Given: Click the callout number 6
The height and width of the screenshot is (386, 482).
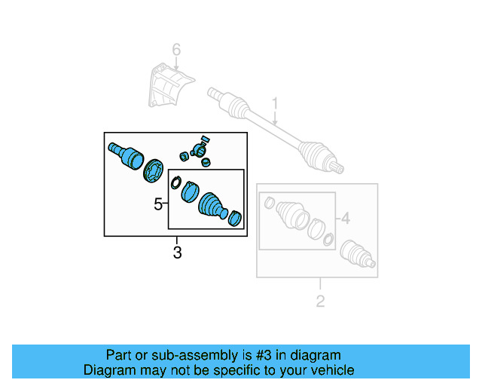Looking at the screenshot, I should (176, 51).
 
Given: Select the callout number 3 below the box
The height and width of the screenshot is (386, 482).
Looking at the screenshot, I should (177, 253).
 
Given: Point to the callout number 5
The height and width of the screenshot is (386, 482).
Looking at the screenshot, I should (158, 204).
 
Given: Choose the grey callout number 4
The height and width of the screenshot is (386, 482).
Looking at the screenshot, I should (345, 219).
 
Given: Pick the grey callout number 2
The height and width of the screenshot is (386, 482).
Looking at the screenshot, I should (320, 302).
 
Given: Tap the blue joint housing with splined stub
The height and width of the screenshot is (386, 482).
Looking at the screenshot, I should (127, 154).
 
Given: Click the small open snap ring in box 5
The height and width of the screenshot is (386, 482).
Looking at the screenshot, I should (176, 182).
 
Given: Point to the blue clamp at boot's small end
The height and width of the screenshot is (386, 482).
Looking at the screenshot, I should (235, 218).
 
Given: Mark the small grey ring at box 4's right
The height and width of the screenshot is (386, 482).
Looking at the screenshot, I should (328, 240).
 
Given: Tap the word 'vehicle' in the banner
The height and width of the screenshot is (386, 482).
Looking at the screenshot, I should (332, 370).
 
